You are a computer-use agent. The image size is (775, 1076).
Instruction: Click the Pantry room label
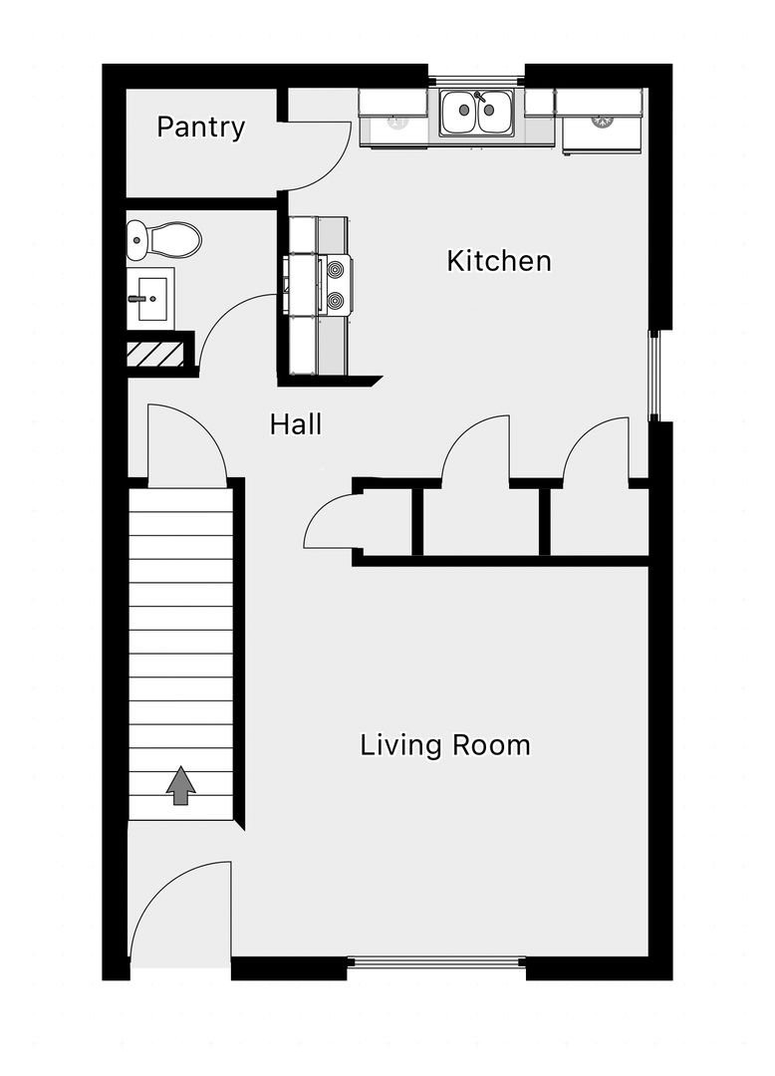200,128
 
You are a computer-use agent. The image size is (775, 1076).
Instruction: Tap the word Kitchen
499,261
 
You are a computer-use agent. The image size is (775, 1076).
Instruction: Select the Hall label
296,424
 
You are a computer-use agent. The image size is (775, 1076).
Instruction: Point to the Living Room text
445,745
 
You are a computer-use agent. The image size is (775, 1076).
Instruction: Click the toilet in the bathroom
164,240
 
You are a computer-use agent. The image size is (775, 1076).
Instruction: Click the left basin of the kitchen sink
459,112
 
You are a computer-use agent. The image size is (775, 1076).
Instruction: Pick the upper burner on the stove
336,270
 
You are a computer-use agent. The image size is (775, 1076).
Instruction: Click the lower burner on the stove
336,301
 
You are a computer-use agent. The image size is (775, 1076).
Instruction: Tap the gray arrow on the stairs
180,785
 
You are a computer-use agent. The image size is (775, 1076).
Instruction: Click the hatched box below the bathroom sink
155,354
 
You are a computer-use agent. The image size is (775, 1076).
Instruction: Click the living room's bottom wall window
436,962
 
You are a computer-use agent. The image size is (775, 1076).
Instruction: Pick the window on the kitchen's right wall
653,375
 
